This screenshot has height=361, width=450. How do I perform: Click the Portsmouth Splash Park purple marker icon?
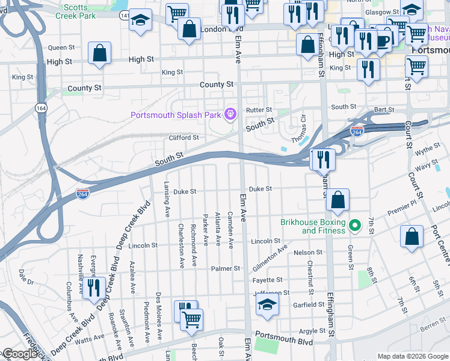[229, 114]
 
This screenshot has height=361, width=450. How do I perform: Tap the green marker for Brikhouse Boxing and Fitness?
[355, 226]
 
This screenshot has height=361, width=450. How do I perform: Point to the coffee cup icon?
[383, 39]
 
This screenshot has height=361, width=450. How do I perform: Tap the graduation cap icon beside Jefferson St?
[267, 304]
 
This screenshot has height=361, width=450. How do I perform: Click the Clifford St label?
[183, 138]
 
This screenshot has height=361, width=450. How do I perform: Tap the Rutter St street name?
[259, 110]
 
